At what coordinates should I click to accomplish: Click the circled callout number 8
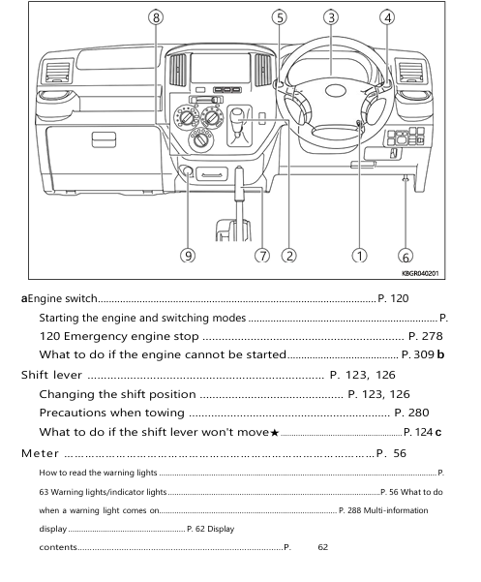157,17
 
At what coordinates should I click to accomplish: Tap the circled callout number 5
279,17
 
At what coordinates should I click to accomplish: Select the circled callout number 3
331,17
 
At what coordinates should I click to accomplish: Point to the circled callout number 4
387,17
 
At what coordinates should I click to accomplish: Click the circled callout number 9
188,256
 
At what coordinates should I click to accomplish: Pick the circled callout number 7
261,256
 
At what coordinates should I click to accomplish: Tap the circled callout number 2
288,256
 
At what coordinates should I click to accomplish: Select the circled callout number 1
359,256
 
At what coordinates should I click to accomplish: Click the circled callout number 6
406,257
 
